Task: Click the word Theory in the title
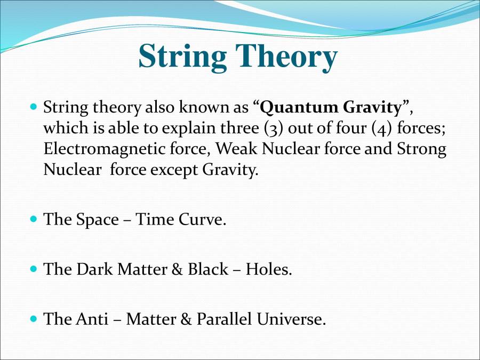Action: [x=286, y=56]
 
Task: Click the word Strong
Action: [x=421, y=149]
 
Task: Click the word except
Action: [x=172, y=170]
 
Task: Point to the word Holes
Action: [x=269, y=269]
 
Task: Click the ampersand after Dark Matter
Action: [x=177, y=269]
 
